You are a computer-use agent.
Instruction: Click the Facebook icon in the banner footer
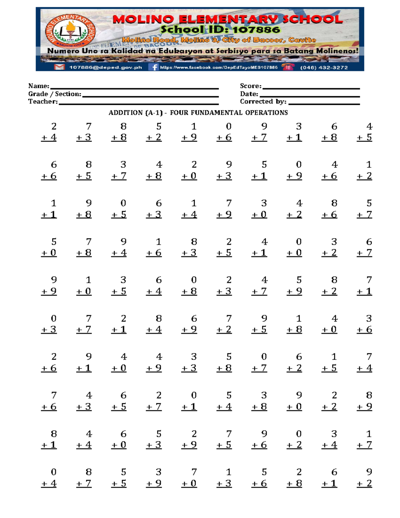[x=154, y=67]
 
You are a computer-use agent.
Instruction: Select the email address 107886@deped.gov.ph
[x=105, y=67]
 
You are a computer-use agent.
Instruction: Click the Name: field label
[x=39, y=86]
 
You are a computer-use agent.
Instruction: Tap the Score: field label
[x=251, y=86]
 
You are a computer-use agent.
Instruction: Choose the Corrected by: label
[x=263, y=101]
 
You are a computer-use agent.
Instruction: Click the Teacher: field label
[x=43, y=101]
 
